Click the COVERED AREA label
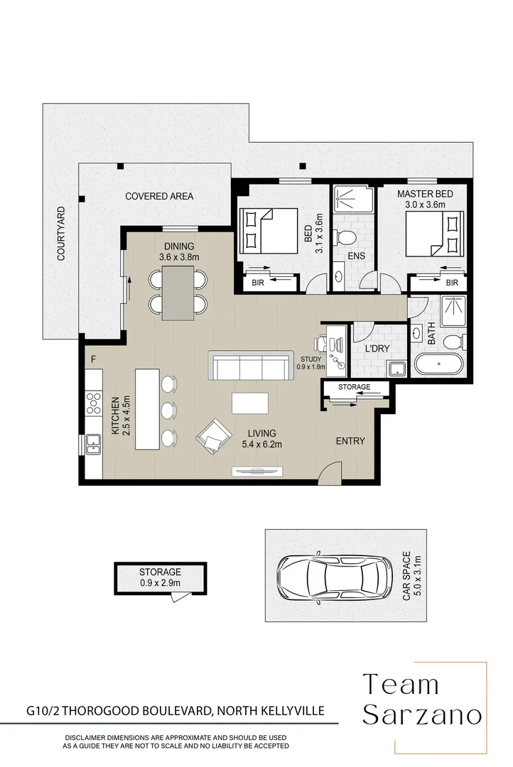click(159, 197)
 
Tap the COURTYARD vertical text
click(61, 234)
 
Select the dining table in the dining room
click(178, 292)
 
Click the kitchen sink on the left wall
click(93, 444)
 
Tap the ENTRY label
click(350, 441)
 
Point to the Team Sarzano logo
click(422, 700)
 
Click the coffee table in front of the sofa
click(249, 403)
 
